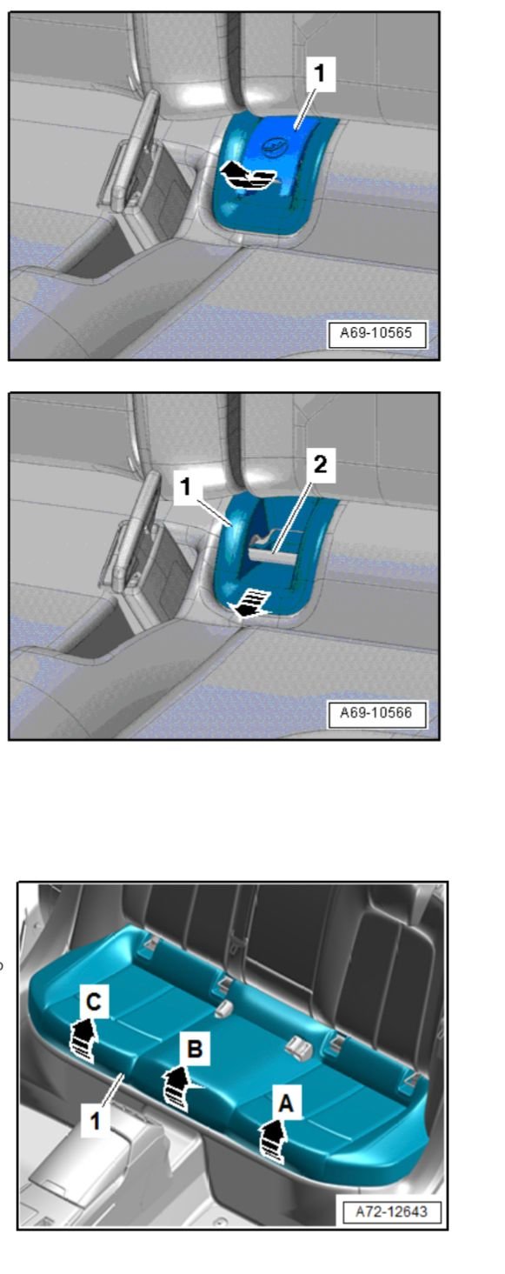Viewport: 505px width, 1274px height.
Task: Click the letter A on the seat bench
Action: tap(284, 1105)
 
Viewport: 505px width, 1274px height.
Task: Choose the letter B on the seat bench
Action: tap(196, 1050)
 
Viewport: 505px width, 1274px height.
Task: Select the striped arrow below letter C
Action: tap(83, 1037)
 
